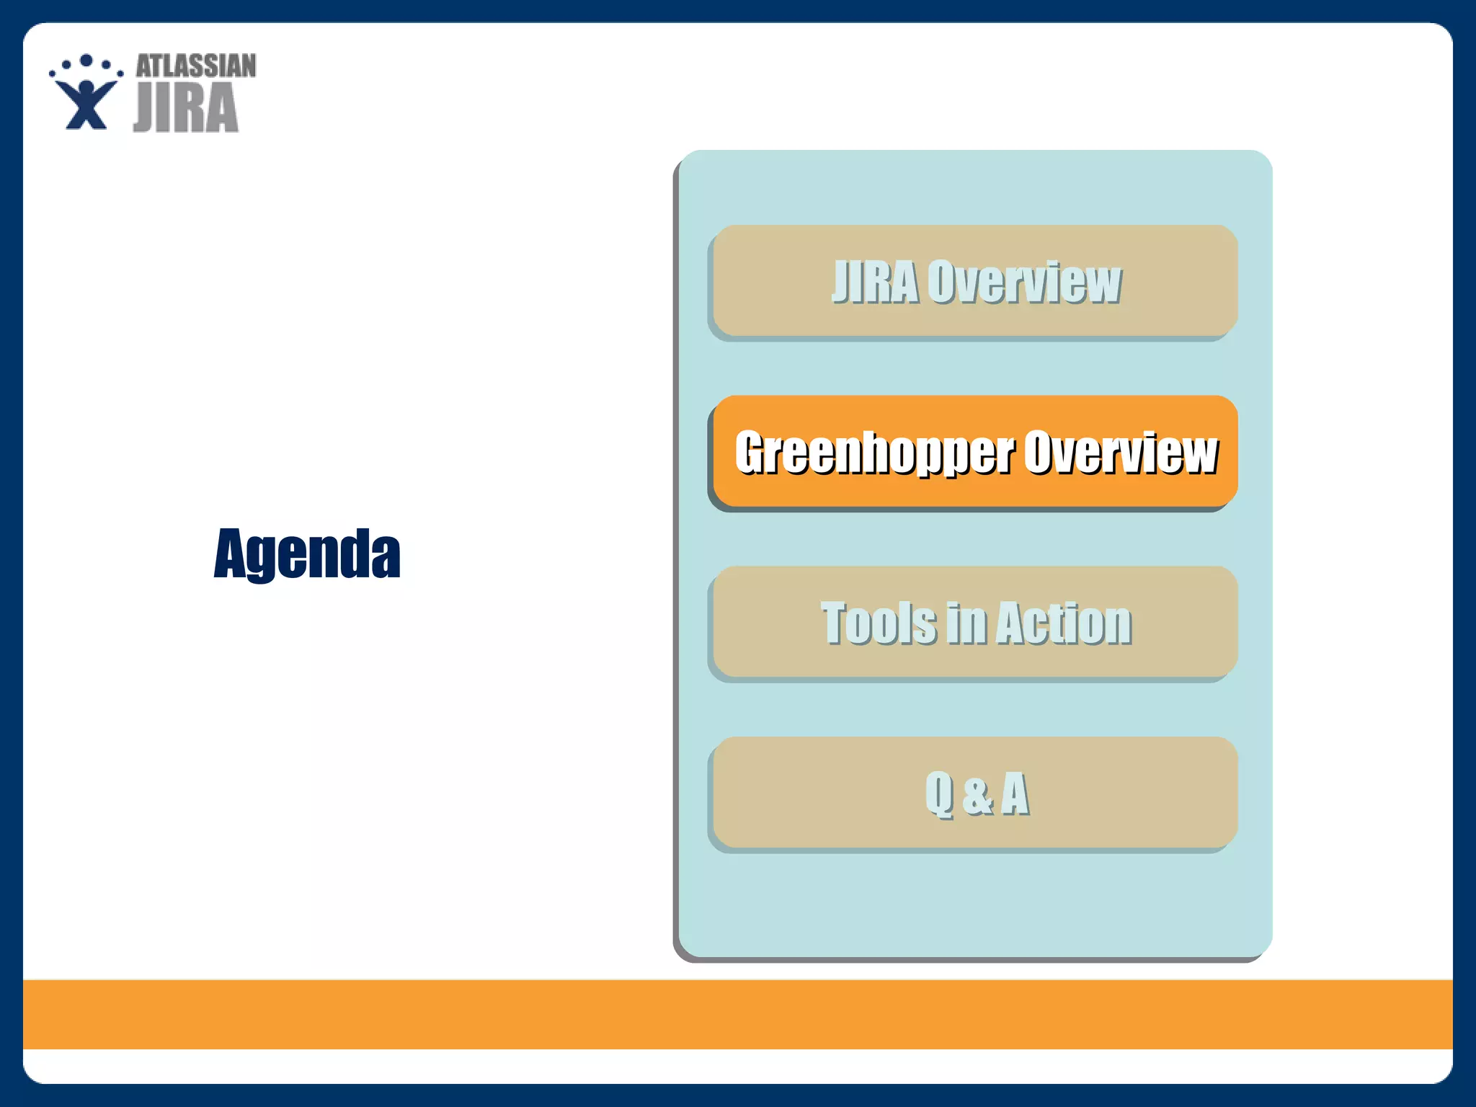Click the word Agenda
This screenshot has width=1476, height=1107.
(307, 553)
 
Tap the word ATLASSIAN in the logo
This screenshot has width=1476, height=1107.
(196, 66)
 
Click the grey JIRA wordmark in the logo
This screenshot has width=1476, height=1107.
(186, 107)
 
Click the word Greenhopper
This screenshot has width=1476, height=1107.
(875, 453)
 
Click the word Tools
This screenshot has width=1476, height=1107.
(879, 623)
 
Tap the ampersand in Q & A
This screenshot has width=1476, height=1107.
(977, 795)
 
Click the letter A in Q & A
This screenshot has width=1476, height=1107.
(1015, 793)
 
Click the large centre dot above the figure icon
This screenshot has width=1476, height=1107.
(86, 60)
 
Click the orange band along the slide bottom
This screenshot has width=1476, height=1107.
(738, 1014)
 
